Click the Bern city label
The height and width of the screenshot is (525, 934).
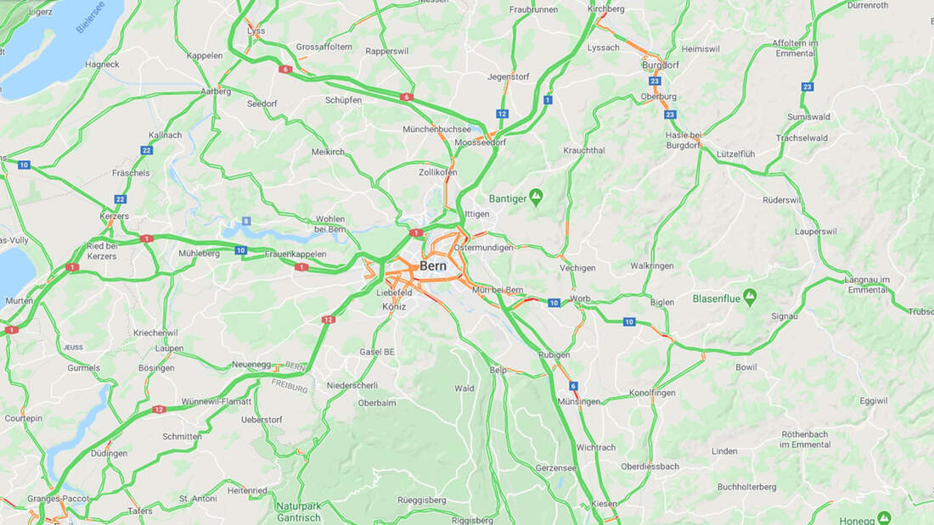[432, 265]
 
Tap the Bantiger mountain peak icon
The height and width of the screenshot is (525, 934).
[536, 198]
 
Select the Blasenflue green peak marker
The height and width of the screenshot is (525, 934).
[749, 298]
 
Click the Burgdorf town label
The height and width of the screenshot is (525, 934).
[661, 64]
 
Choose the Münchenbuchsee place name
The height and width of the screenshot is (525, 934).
[436, 130]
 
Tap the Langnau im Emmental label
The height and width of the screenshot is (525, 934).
[866, 285]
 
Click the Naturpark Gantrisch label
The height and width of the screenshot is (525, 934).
[299, 511]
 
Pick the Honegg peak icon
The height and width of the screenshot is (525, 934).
[884, 517]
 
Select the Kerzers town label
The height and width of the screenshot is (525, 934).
[114, 216]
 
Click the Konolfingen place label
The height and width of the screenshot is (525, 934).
[652, 393]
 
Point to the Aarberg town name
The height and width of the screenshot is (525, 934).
[216, 92]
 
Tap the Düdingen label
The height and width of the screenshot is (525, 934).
[110, 453]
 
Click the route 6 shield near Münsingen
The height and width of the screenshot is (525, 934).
[574, 386]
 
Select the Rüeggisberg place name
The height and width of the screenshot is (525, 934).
[421, 500]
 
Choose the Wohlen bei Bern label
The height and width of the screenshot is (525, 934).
[330, 224]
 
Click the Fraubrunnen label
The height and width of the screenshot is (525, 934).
[533, 9]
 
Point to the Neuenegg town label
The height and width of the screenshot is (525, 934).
[251, 365]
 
